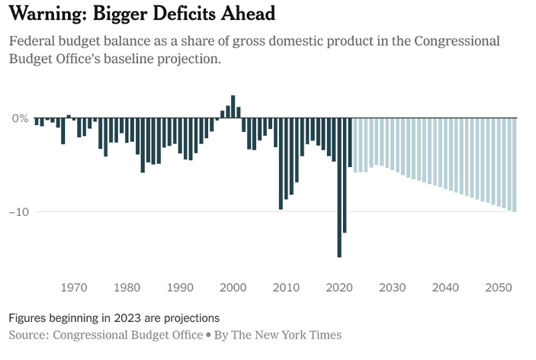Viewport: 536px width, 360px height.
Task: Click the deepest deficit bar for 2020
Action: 339,188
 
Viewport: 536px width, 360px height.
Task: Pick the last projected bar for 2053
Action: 515,165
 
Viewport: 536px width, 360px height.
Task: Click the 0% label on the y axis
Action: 20,119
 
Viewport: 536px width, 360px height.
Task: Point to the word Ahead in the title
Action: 250,14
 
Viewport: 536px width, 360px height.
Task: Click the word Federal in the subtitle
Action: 32,40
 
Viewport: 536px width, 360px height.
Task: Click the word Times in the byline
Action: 324,335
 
